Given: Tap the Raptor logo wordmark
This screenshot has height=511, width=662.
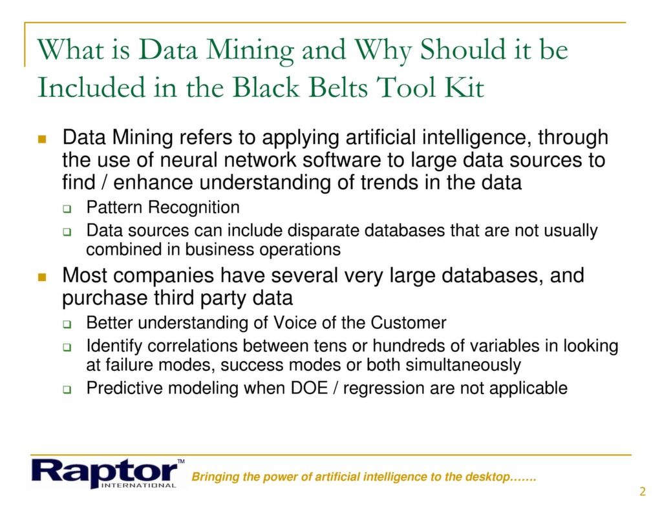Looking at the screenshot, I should (103, 470).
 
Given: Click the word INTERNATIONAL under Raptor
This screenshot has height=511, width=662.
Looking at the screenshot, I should (140, 485).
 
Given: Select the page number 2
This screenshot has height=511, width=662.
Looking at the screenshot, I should (642, 492).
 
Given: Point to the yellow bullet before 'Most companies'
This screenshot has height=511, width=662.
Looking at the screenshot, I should (42, 276).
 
